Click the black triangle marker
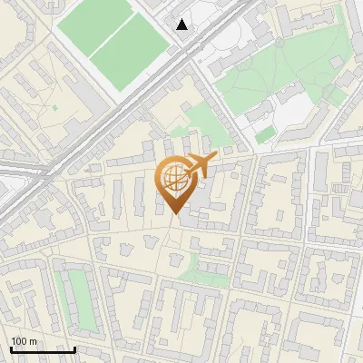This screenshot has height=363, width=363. (x=182, y=25)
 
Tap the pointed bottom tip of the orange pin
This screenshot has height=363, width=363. (x=173, y=213)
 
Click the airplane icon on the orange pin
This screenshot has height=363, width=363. (x=199, y=165)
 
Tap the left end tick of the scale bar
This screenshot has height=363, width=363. (x=11, y=348)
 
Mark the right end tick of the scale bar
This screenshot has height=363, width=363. (x=74, y=348)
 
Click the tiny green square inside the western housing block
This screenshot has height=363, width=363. (x=55, y=108)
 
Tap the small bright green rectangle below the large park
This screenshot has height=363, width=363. (x=265, y=135)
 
